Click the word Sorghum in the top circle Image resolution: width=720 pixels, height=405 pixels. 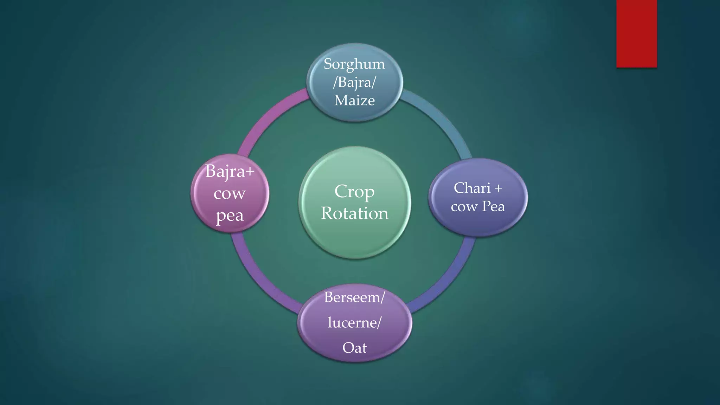tap(354, 64)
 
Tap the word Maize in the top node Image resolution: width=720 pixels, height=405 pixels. tap(354, 101)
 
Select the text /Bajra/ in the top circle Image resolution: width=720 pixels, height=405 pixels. tap(354, 82)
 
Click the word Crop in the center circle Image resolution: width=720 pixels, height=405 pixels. tap(354, 192)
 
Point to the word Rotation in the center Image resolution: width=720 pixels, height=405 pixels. tap(354, 213)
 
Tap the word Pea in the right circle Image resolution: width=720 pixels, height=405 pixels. tap(493, 206)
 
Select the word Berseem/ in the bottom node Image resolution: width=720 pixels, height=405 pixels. tap(354, 297)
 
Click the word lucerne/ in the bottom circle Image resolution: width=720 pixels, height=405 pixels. tap(354, 322)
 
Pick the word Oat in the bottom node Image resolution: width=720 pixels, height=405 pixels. tap(354, 348)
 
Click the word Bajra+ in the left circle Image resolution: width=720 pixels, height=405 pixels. tap(230, 172)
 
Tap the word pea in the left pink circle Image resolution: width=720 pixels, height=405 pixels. tap(230, 216)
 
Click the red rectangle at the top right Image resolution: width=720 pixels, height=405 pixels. tap(636, 33)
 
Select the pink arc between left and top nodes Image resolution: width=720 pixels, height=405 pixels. tap(267, 120)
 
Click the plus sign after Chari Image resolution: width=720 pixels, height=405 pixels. tap(498, 188)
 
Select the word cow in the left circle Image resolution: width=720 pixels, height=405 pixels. tap(230, 194)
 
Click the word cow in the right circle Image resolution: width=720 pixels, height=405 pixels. tap(464, 207)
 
